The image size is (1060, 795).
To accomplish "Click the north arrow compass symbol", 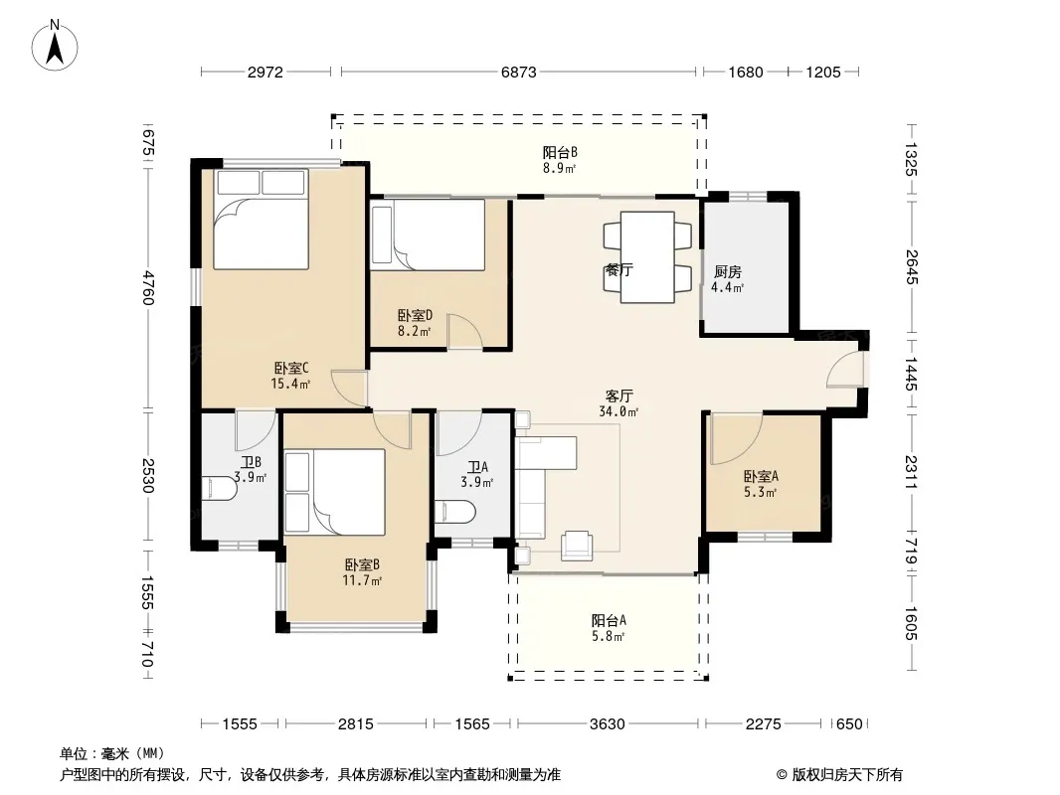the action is point(55,45).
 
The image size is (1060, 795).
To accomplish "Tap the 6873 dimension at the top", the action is point(518,72).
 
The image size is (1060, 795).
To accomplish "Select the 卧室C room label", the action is point(291,368).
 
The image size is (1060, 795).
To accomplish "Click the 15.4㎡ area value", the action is point(290,385).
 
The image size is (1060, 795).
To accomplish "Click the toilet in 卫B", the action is point(220,488).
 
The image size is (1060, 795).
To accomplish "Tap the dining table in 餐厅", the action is point(647,256).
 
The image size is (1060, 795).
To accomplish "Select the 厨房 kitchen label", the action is point(728,271).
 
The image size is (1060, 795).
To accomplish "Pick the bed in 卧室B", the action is point(335,492).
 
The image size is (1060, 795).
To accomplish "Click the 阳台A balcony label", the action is point(609,620).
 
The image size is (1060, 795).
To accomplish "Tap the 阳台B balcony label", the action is point(560,153).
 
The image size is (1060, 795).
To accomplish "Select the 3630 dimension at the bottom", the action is point(608,724).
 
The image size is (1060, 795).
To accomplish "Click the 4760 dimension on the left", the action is point(148,288).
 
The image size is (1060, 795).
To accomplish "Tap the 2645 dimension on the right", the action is point(911,266).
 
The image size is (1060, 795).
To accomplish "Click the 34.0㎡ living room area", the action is point(618,411).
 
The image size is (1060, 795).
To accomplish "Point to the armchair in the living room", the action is point(577,546).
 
